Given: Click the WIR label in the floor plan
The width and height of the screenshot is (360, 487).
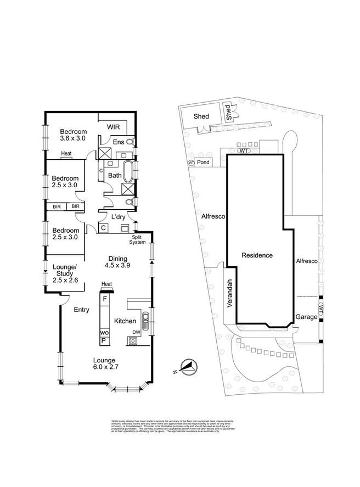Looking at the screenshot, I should [x=114, y=127].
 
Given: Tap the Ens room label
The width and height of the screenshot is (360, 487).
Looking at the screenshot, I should [x=119, y=142].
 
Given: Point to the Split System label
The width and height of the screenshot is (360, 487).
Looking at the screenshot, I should [x=137, y=239].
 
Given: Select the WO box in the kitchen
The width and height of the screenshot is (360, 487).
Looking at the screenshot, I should [x=104, y=333].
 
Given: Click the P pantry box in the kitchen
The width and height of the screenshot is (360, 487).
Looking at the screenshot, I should [x=103, y=341].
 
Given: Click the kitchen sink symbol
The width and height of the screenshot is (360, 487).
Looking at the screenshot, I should [x=145, y=319].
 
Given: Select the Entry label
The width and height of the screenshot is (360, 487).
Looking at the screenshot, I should [x=81, y=310].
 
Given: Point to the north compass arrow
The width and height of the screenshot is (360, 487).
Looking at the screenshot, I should [x=188, y=367].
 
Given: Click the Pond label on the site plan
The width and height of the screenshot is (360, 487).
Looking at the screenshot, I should [x=204, y=163].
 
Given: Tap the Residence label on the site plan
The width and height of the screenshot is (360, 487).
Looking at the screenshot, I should [x=257, y=255].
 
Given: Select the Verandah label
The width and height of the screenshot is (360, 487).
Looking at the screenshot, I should [x=230, y=294].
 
